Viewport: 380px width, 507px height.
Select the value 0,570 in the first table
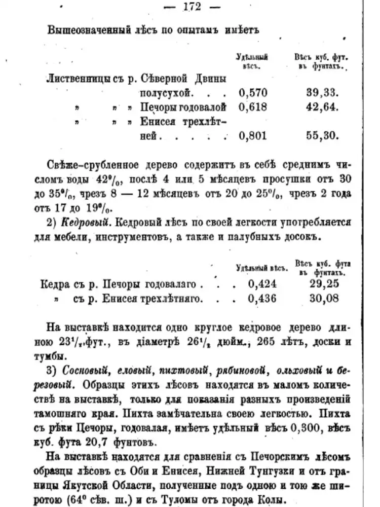252,93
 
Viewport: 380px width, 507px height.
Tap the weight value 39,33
321,93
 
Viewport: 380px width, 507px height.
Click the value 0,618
252,107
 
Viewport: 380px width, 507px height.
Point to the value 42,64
322,107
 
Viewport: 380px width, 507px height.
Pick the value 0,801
252,135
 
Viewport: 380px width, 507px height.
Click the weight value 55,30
322,135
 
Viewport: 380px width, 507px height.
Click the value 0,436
262,298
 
